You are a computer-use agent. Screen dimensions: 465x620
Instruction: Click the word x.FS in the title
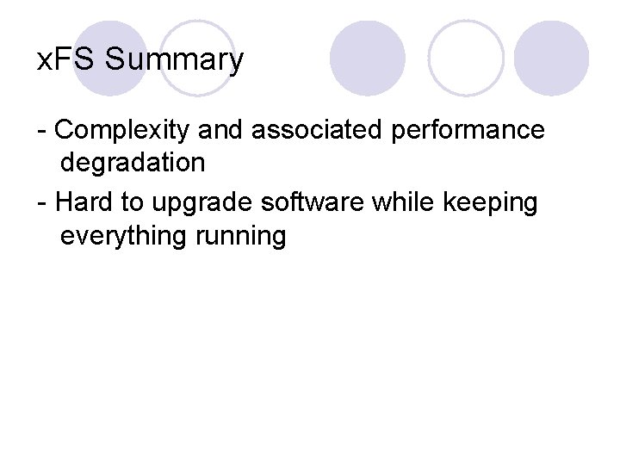69,61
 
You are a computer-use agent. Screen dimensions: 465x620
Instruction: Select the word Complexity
125,131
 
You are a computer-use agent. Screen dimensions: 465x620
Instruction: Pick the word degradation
133,162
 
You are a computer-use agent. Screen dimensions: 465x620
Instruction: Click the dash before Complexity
42,132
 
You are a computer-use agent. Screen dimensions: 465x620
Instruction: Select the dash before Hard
42,205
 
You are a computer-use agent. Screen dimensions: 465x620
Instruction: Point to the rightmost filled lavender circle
552,58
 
